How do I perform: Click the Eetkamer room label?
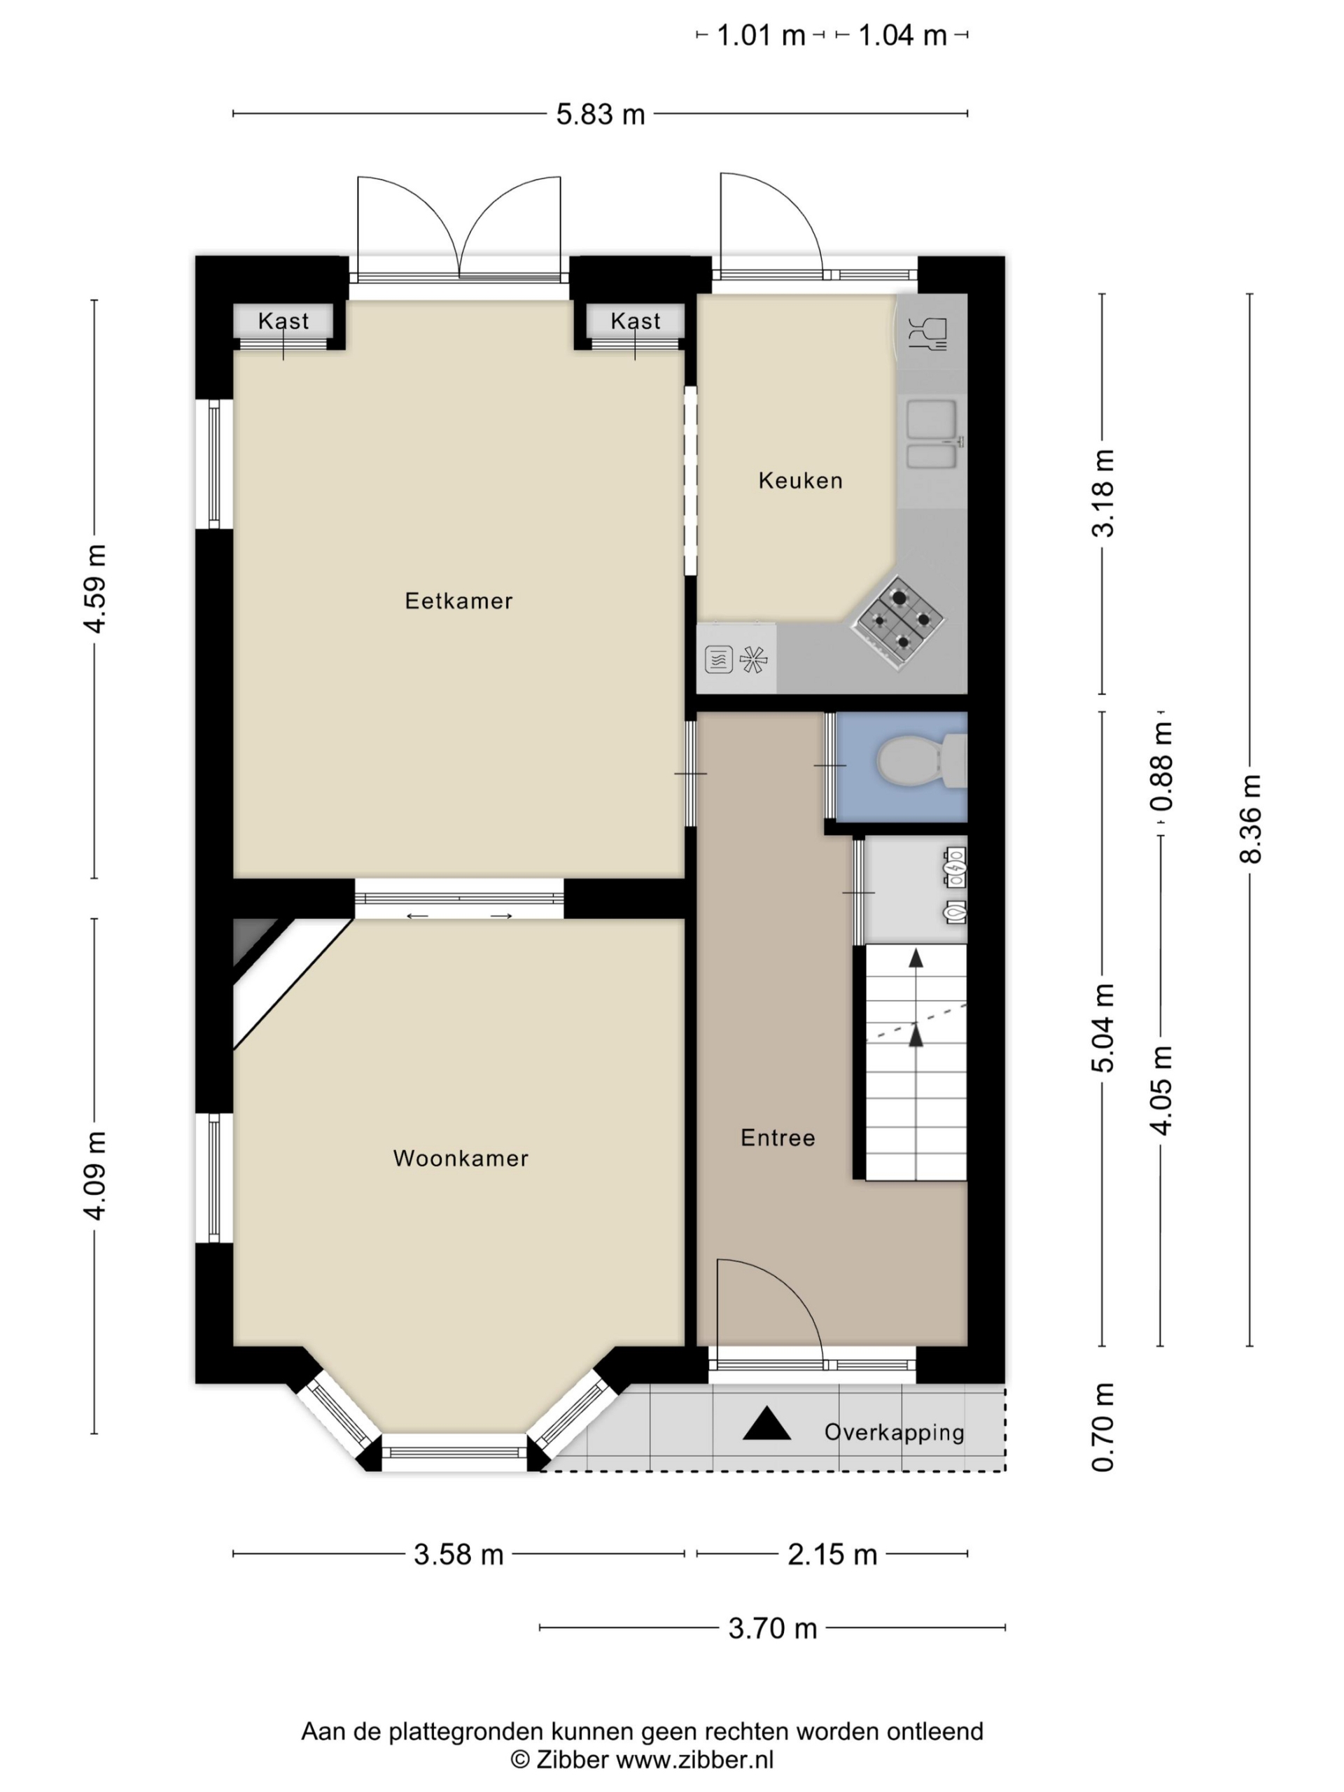pyautogui.click(x=458, y=601)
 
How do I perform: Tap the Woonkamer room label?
pyautogui.click(x=460, y=1158)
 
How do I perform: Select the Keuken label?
pyautogui.click(x=800, y=481)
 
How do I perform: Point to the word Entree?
pyautogui.click(x=778, y=1138)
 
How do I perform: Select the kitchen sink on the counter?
pyautogui.click(x=932, y=434)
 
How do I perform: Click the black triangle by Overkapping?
pyautogui.click(x=766, y=1423)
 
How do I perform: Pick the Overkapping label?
pyautogui.click(x=895, y=1433)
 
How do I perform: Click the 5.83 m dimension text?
pyautogui.click(x=601, y=114)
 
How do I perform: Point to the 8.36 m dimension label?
pyautogui.click(x=1251, y=819)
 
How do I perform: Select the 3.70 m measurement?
pyautogui.click(x=772, y=1628)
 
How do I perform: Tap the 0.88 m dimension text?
pyautogui.click(x=1163, y=766)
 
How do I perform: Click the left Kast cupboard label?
pyautogui.click(x=283, y=321)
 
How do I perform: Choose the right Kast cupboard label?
pyautogui.click(x=635, y=321)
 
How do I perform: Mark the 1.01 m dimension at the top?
pyautogui.click(x=761, y=36)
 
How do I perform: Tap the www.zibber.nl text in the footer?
pyautogui.click(x=695, y=1760)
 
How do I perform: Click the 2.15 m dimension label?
pyautogui.click(x=832, y=1555)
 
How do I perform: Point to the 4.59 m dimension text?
pyautogui.click(x=94, y=589)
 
